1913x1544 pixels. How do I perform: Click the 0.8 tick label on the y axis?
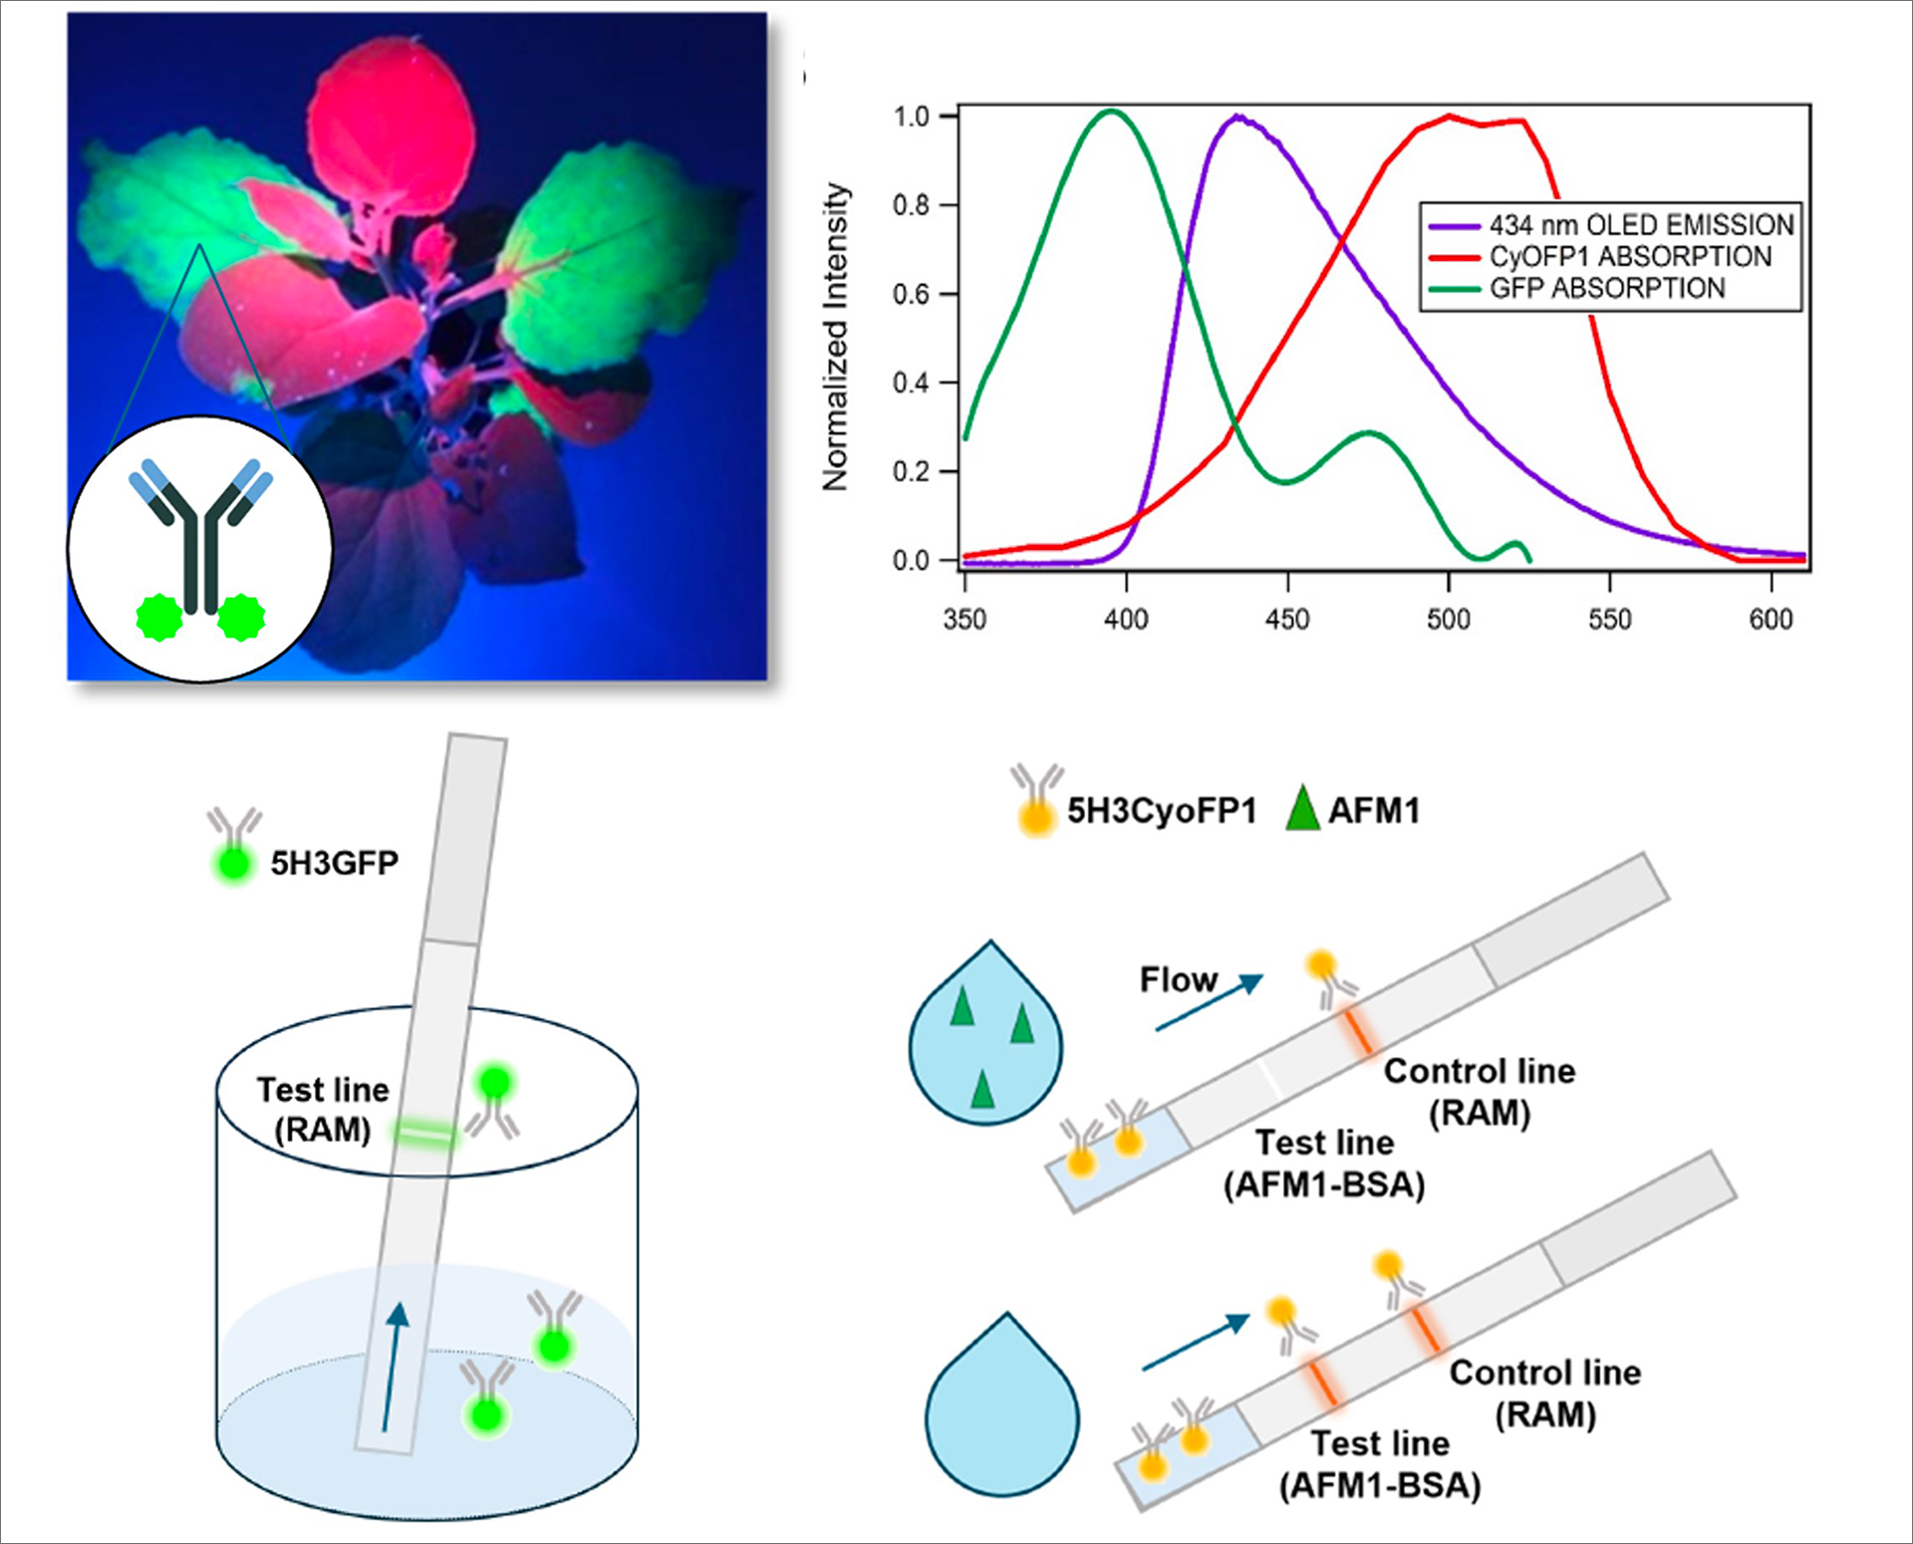pyautogui.click(x=912, y=205)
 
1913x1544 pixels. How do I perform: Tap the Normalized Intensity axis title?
pyautogui.click(x=835, y=337)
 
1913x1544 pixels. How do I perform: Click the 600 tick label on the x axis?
pyautogui.click(x=1771, y=619)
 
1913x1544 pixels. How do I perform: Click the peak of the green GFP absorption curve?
pyautogui.click(x=1111, y=111)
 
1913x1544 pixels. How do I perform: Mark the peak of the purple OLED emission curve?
pyautogui.click(x=1237, y=117)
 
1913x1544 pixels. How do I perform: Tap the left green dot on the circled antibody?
pyautogui.click(x=159, y=618)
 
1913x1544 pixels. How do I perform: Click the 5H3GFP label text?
pyautogui.click(x=335, y=863)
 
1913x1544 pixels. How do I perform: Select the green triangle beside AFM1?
pyautogui.click(x=1302, y=809)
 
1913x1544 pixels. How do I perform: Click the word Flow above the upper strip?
pyautogui.click(x=1179, y=980)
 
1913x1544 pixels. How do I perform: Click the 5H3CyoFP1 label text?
pyautogui.click(x=1162, y=811)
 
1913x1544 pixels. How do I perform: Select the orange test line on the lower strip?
pyautogui.click(x=1322, y=1382)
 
